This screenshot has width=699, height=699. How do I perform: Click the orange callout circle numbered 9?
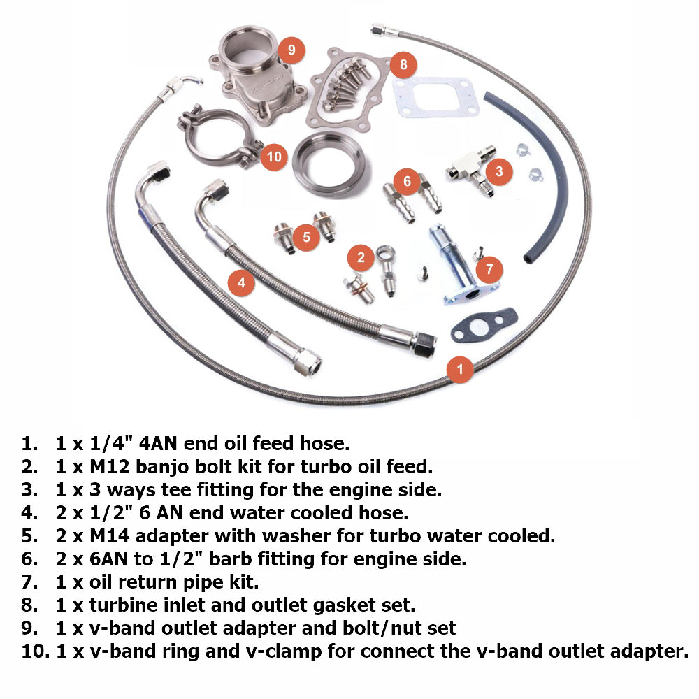(291, 50)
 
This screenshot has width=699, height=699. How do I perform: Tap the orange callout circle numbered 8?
(403, 65)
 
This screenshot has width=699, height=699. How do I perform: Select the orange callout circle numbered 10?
(274, 156)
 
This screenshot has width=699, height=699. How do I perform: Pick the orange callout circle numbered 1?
(459, 368)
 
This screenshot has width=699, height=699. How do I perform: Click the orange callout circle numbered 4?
(241, 282)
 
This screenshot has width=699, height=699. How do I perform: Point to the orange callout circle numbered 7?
(489, 269)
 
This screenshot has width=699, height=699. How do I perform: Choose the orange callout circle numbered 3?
(498, 171)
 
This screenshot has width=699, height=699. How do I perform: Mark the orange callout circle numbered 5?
(306, 236)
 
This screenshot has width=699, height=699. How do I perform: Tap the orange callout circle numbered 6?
(407, 180)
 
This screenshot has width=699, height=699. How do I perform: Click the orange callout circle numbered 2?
(361, 257)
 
